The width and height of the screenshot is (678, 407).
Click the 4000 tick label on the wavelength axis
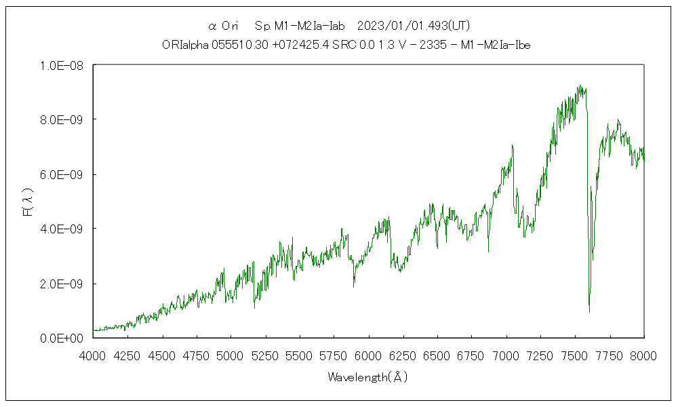coord(94,355)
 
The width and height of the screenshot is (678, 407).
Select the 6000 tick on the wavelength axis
coord(369,355)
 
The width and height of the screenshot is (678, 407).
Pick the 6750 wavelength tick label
coord(472,355)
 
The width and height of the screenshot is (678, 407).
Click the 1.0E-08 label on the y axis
coord(62,66)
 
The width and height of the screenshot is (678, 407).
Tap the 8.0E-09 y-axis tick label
coord(62,120)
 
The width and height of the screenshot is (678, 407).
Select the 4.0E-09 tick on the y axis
coord(62,229)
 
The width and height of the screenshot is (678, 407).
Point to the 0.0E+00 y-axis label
coord(62,338)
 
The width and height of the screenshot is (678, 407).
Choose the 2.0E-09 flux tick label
coord(62,284)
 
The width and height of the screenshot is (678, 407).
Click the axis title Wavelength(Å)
coord(368,376)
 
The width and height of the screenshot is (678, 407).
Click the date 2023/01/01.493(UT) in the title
coord(414,26)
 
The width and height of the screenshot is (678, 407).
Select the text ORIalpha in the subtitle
coord(180,45)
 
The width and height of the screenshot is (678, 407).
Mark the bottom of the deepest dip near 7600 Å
coord(589,311)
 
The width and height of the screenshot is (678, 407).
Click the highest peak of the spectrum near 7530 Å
coord(580,85)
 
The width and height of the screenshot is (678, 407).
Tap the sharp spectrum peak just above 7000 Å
coord(513,144)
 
